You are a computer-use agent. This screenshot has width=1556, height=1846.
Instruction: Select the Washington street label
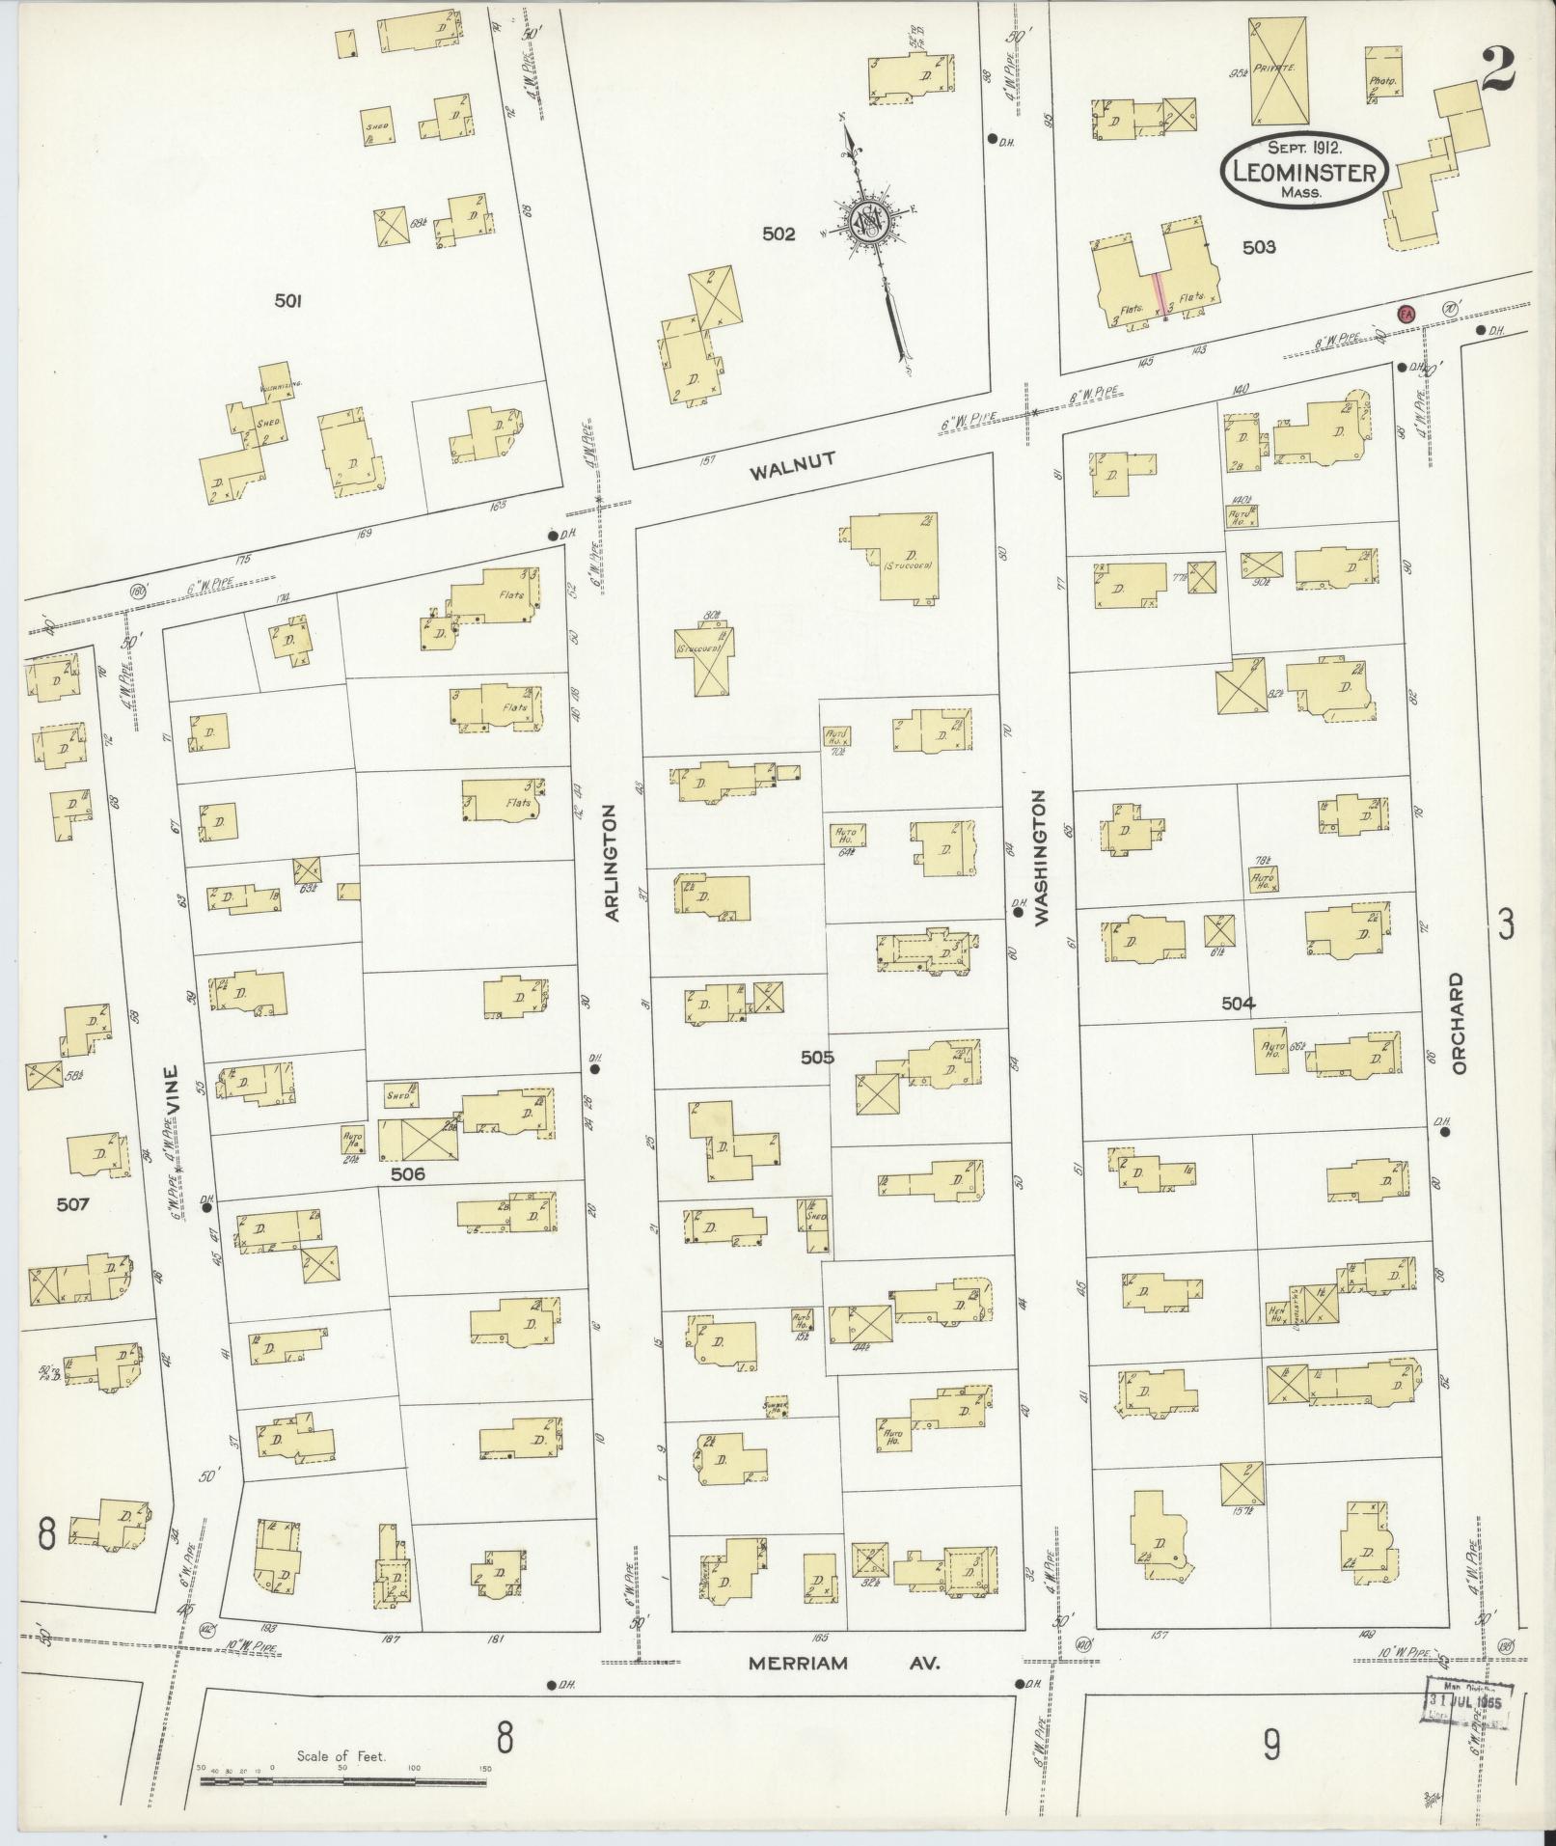[1040, 859]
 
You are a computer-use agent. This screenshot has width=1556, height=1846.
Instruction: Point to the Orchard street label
[1457, 1024]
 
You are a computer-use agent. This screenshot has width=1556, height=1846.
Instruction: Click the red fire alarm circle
[1406, 313]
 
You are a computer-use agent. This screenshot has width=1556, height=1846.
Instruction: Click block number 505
[816, 1058]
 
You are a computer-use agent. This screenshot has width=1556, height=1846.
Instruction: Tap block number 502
[778, 234]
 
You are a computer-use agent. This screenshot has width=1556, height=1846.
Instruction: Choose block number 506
[409, 1174]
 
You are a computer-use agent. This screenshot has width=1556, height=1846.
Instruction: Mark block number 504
[1238, 1004]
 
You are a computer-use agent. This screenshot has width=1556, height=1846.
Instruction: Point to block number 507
[72, 1204]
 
